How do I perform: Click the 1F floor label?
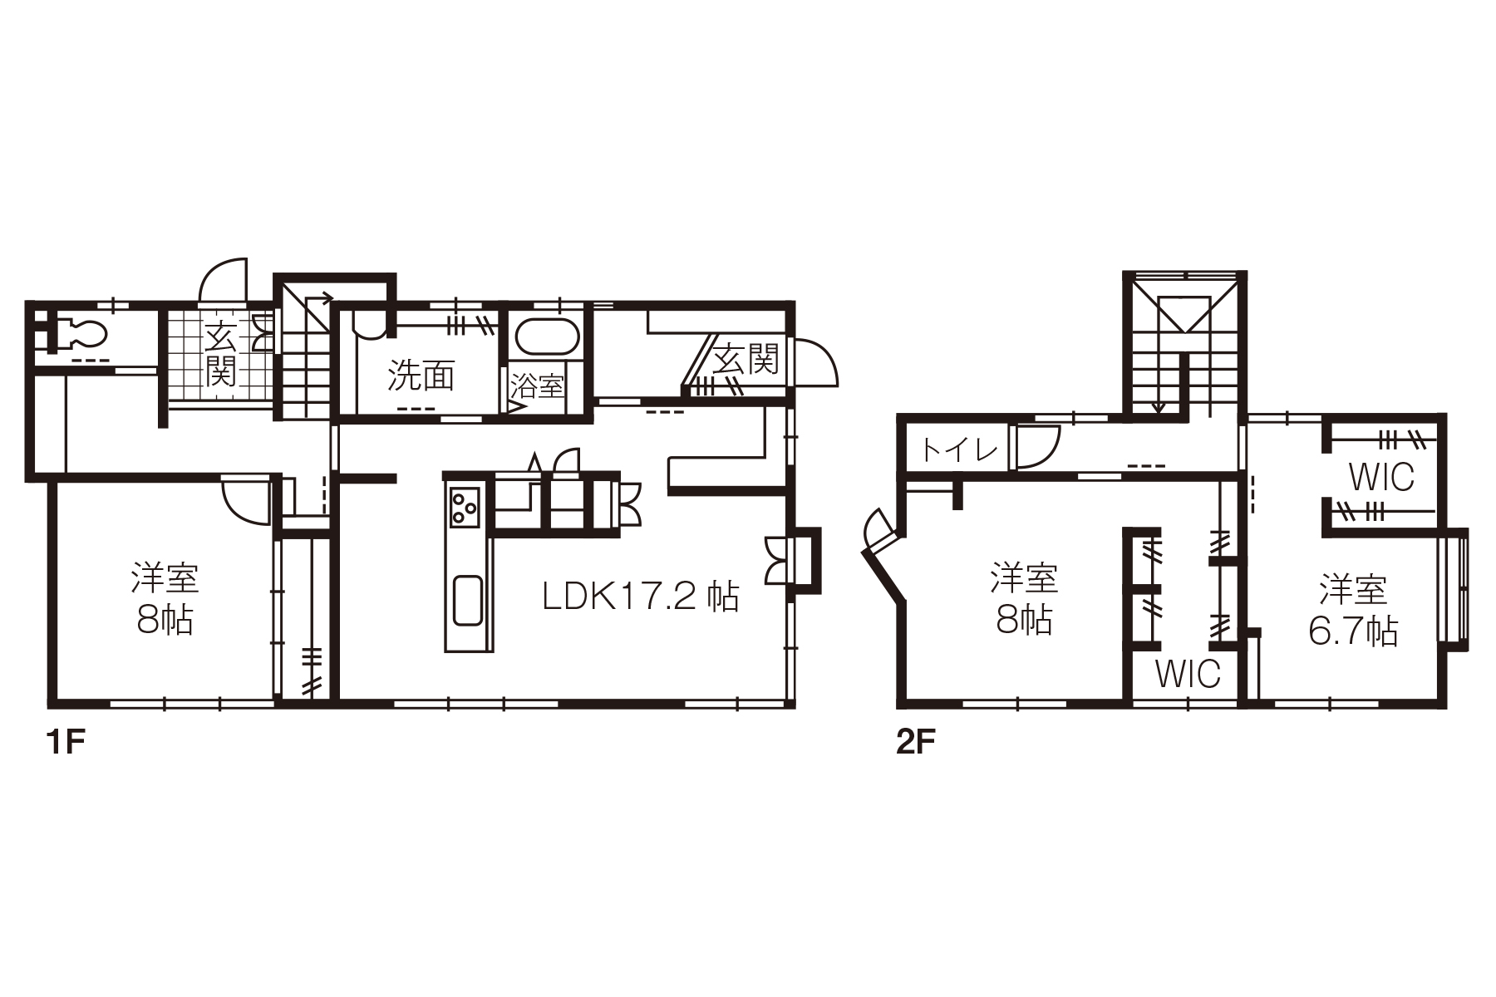(66, 742)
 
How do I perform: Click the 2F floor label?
(917, 742)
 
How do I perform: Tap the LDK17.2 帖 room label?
(640, 596)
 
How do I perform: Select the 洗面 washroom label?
(421, 376)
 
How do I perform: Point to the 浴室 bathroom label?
(537, 386)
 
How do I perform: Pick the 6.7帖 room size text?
(1353, 631)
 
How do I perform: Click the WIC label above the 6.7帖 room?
(1381, 478)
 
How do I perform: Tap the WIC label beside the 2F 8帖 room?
(1188, 674)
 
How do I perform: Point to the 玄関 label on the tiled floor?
(220, 355)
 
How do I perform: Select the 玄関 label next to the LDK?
(746, 359)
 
